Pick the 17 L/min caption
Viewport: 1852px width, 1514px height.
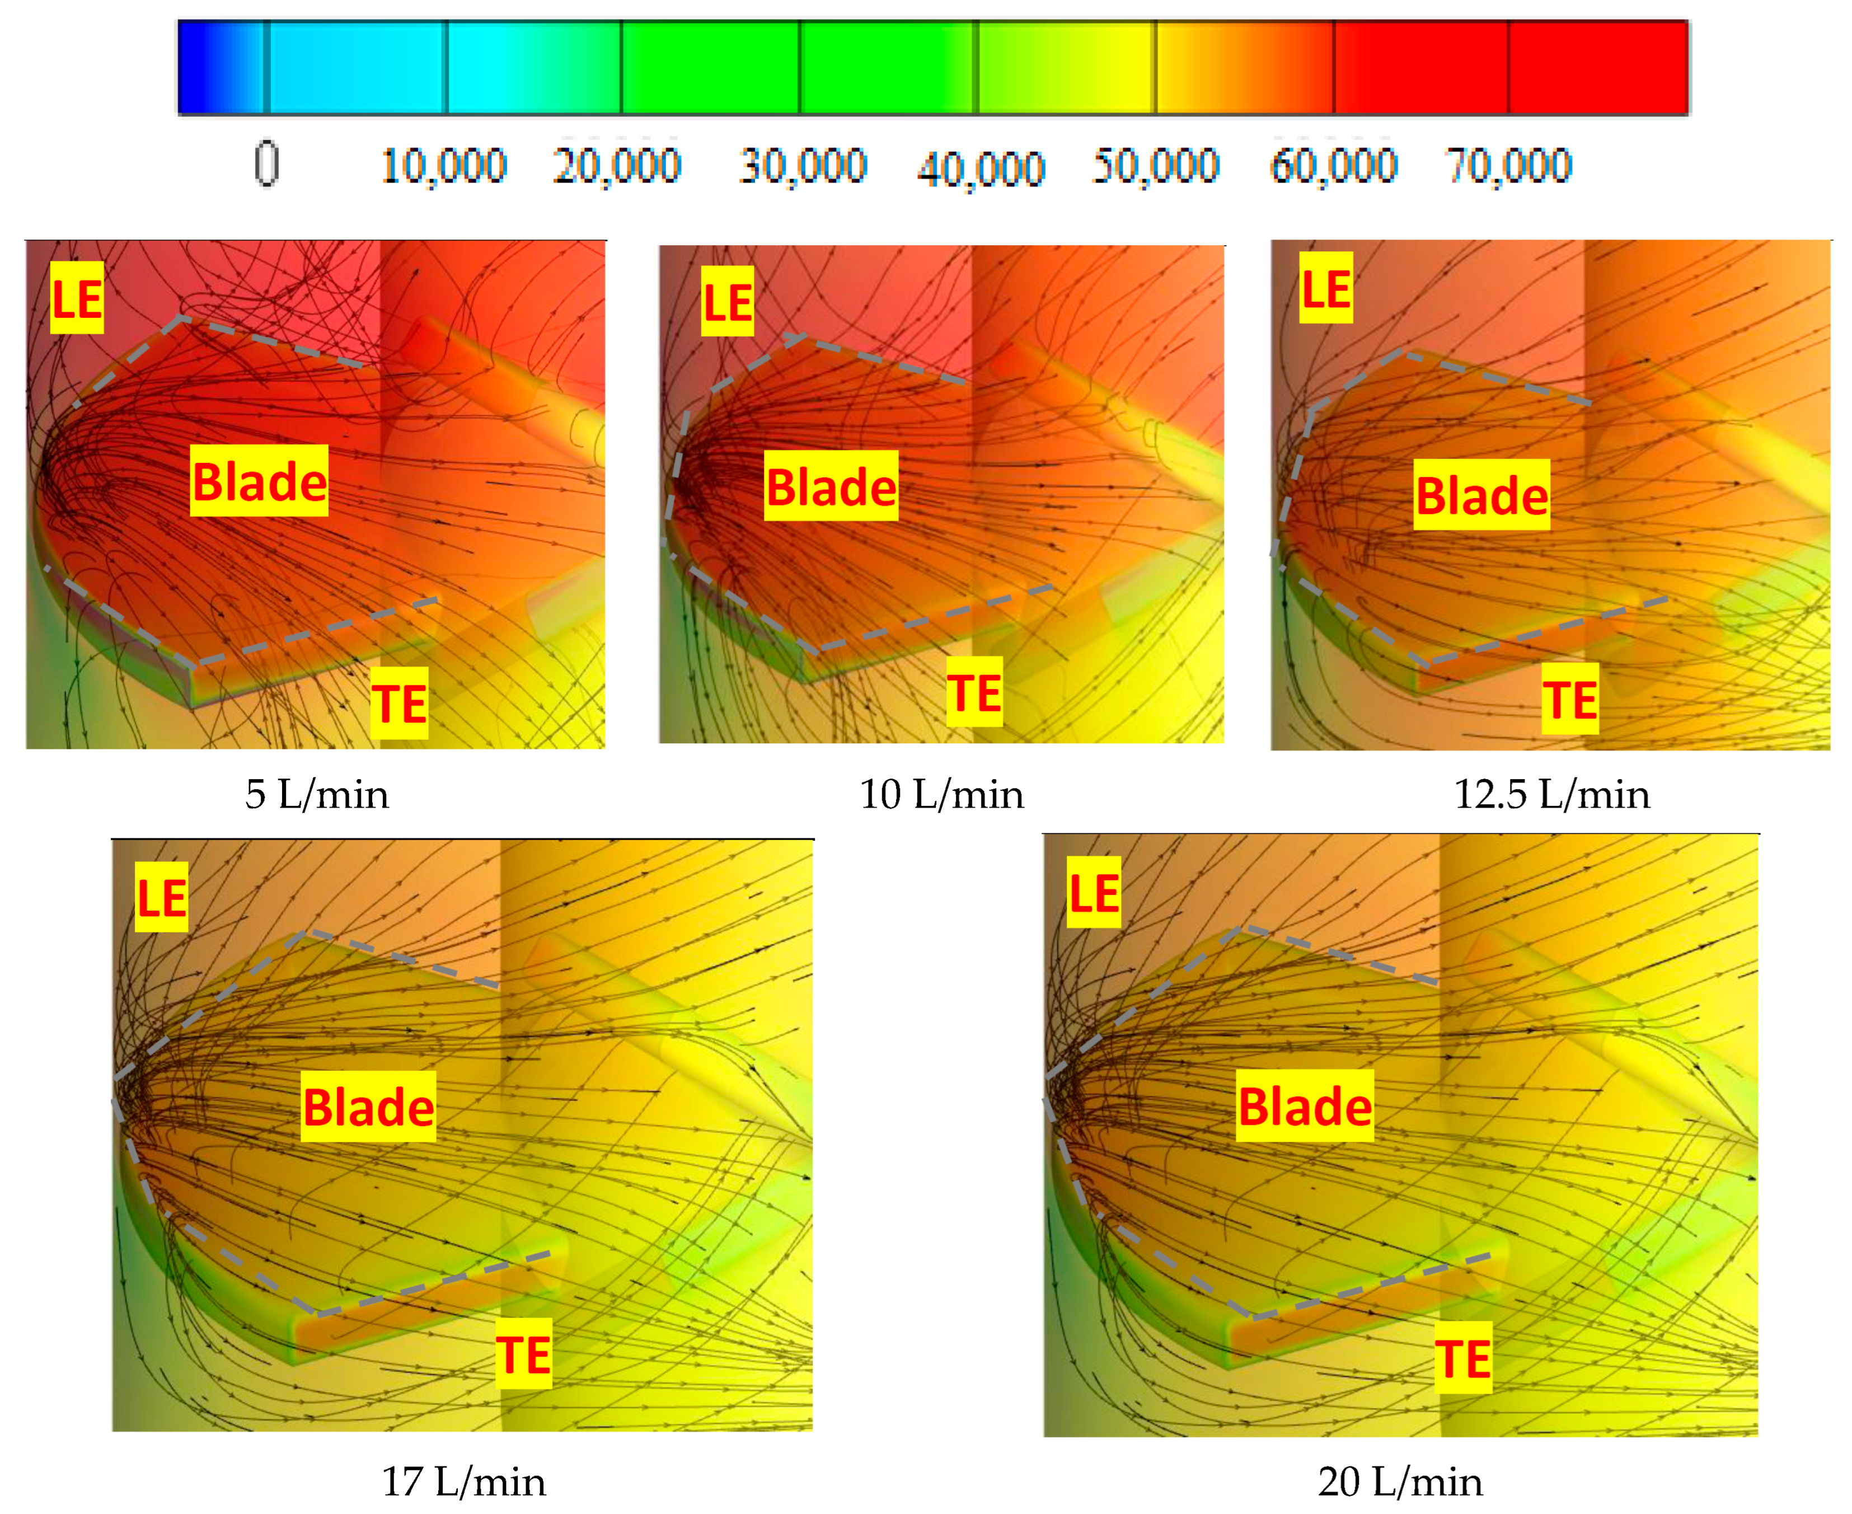(464, 1482)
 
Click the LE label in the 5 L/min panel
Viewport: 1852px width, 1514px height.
(77, 298)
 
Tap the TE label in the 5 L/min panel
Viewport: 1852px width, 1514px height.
(400, 703)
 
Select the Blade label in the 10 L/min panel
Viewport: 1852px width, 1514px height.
(831, 486)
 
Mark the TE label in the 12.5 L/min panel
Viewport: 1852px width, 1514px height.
(1569, 699)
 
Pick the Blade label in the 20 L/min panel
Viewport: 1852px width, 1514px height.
(1305, 1106)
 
